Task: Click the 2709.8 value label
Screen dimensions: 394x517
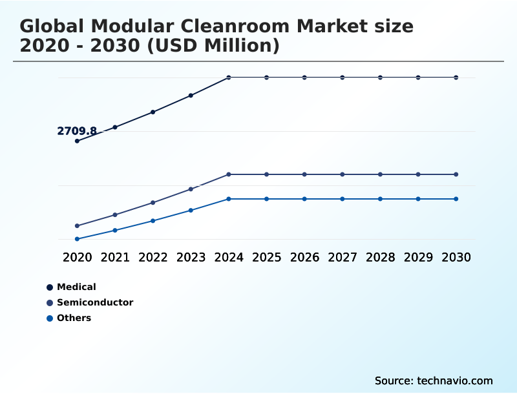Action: click(x=77, y=131)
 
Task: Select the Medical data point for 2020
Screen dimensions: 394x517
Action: click(x=77, y=141)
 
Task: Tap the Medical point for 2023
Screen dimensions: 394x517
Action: click(x=191, y=96)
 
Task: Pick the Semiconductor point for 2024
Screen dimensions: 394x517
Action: click(x=229, y=174)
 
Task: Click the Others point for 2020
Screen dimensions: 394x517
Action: click(x=77, y=239)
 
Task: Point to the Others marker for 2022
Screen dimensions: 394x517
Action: click(x=153, y=221)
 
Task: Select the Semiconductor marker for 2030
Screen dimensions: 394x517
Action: click(x=456, y=174)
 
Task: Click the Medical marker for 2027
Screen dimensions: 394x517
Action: click(x=343, y=78)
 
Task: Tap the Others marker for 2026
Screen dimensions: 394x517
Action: click(x=304, y=199)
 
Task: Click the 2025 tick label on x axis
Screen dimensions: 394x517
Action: click(x=266, y=257)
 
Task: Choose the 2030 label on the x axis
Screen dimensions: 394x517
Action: click(x=456, y=257)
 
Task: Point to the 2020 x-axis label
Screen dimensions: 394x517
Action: click(x=77, y=257)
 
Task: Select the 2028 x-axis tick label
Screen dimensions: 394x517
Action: click(x=380, y=257)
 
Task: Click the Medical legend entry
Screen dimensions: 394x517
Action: click(x=76, y=287)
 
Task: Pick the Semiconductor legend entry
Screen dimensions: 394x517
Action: click(x=95, y=302)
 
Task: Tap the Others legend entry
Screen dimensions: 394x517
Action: click(x=74, y=318)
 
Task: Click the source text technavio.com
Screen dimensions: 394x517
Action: click(x=455, y=380)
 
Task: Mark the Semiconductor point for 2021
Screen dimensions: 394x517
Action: click(x=115, y=214)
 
